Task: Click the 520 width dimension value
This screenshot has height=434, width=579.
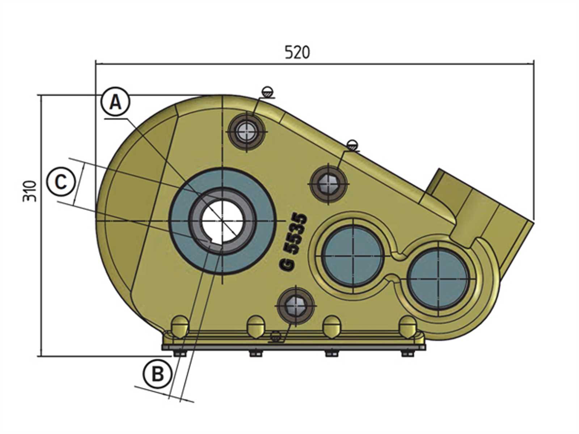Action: [297, 53]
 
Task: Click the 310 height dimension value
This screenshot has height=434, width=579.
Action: [30, 191]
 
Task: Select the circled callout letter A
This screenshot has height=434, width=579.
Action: [115, 102]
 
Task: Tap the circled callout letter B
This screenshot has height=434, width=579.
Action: [157, 374]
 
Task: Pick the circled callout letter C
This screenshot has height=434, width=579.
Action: [61, 181]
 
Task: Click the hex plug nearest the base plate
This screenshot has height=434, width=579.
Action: [295, 306]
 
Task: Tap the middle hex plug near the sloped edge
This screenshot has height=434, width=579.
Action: [329, 183]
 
